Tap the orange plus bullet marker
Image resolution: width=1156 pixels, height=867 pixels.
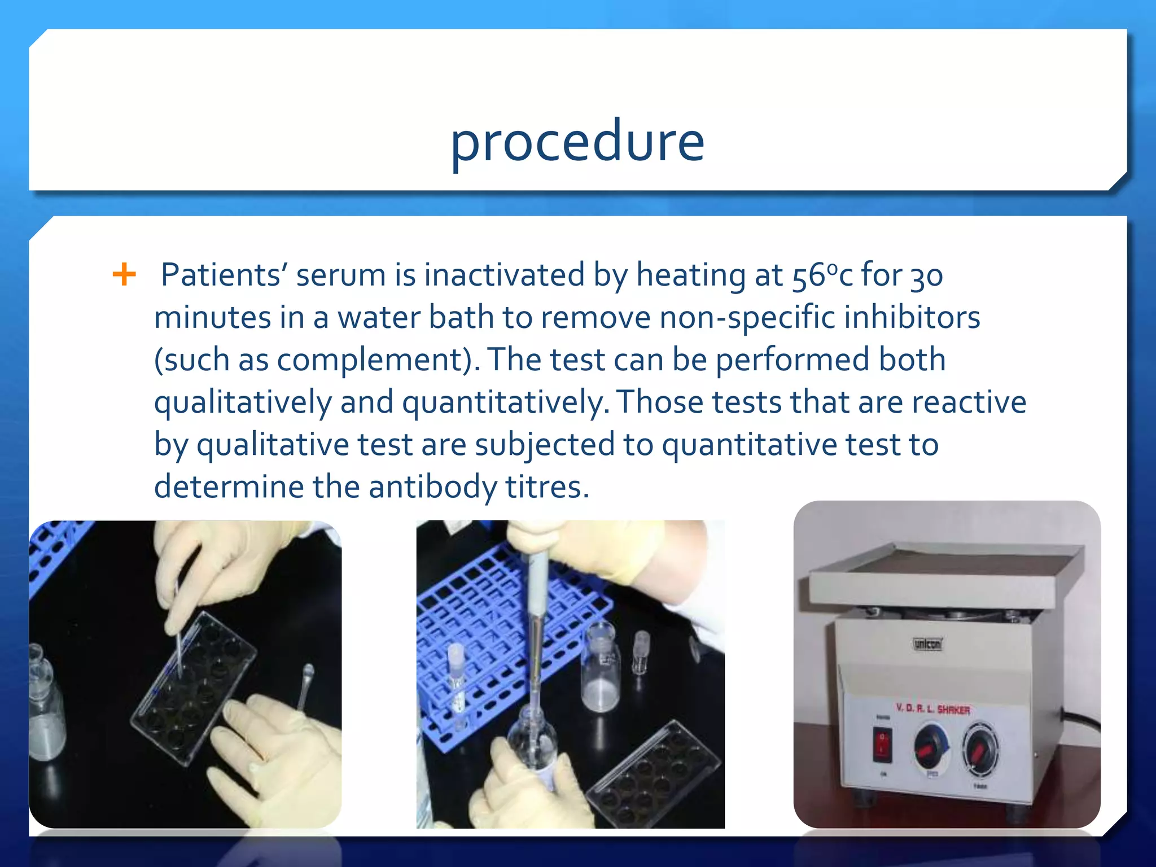pyautogui.click(x=124, y=275)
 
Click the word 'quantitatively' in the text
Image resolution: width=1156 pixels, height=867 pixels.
pyautogui.click(x=506, y=402)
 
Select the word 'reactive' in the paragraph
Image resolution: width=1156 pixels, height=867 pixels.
pyautogui.click(x=969, y=402)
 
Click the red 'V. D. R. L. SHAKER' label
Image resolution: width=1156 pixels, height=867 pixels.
pyautogui.click(x=932, y=708)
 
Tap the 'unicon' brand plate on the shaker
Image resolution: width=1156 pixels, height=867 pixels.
pyautogui.click(x=927, y=643)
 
